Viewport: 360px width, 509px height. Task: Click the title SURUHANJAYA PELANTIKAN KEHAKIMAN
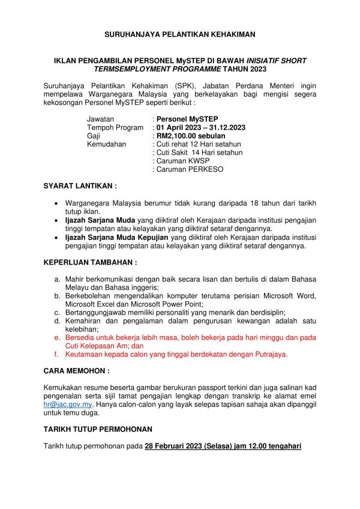pyautogui.click(x=180, y=35)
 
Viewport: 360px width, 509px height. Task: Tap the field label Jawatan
pyautogui.click(x=100, y=119)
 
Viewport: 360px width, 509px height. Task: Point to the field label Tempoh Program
pyautogui.click(x=115, y=128)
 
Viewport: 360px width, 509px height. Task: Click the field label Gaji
pyautogui.click(x=94, y=136)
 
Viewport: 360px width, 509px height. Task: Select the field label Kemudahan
pyautogui.click(x=106, y=145)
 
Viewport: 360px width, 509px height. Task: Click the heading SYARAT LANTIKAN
pyautogui.click(x=80, y=186)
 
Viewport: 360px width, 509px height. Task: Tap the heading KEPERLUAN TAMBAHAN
pyautogui.click(x=91, y=262)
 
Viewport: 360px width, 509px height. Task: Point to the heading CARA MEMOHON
pyautogui.click(x=76, y=372)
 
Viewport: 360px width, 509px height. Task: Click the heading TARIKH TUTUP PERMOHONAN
pyautogui.click(x=98, y=429)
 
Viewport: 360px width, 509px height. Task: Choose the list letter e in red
pyautogui.click(x=56, y=338)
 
